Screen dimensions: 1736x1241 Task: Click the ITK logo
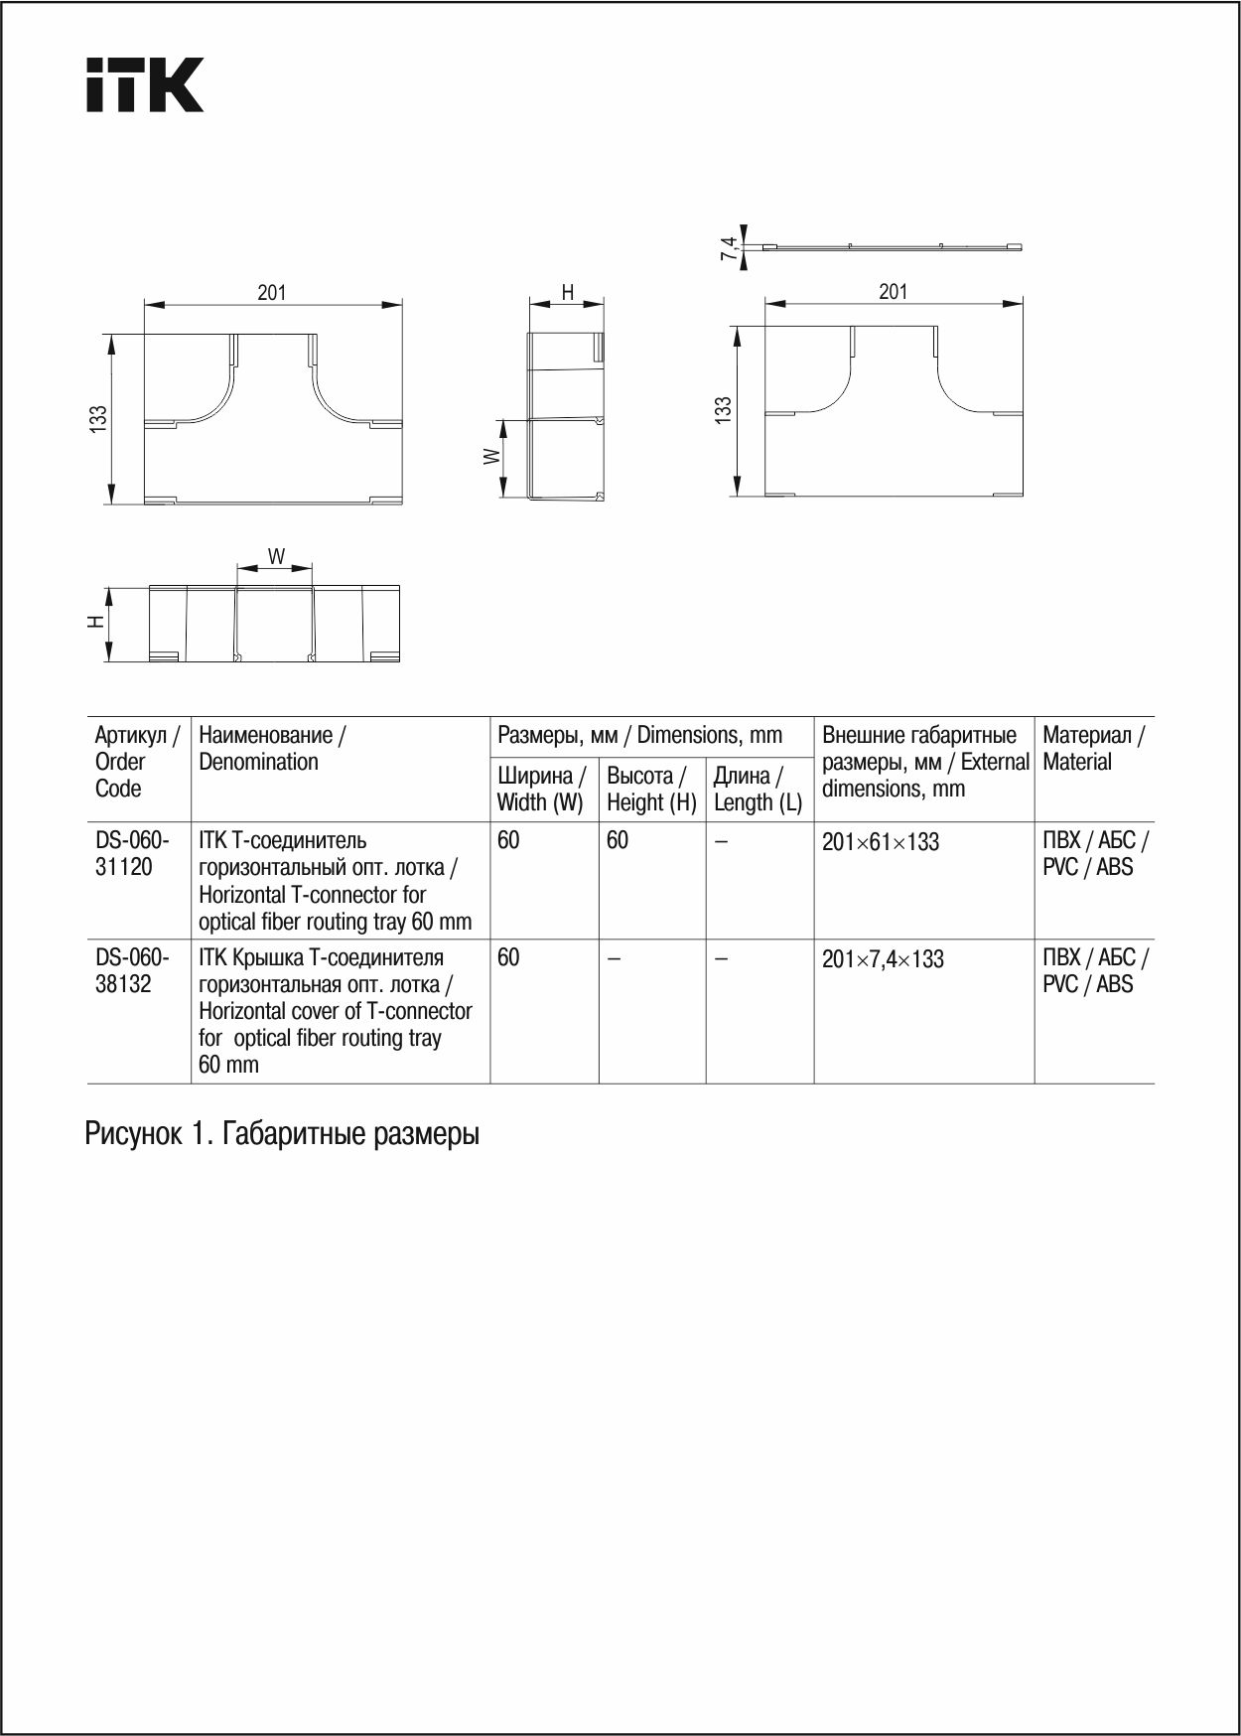(x=145, y=84)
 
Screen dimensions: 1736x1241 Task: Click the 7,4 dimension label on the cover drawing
(x=729, y=248)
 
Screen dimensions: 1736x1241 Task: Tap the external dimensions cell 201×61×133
(x=881, y=842)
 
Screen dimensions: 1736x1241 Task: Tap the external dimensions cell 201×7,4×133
(x=883, y=959)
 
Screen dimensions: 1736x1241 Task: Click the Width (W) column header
(x=541, y=789)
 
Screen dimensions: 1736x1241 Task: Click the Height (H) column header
(x=651, y=789)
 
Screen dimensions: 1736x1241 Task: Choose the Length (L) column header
(x=758, y=789)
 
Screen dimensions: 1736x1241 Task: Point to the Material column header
(x=1092, y=748)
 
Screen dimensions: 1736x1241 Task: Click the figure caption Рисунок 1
(x=282, y=1133)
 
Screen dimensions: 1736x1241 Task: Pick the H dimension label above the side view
(x=568, y=292)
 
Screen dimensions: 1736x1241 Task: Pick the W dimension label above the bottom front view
(x=276, y=556)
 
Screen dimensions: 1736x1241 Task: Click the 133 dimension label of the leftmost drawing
(x=98, y=418)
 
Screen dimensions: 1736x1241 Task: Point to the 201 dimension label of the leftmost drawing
(x=272, y=292)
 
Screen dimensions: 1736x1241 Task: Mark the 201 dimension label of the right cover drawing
(x=893, y=291)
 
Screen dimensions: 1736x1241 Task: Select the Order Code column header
(x=136, y=761)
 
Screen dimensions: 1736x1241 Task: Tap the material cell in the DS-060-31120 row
(x=1094, y=853)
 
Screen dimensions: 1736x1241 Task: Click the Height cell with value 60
(x=618, y=840)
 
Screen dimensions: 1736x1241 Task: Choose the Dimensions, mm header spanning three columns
(x=640, y=735)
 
